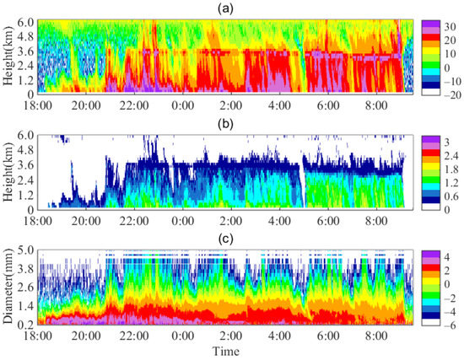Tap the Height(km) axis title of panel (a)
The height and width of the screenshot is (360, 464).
pos(8,56)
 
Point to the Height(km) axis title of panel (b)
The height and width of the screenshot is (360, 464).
pos(8,172)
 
